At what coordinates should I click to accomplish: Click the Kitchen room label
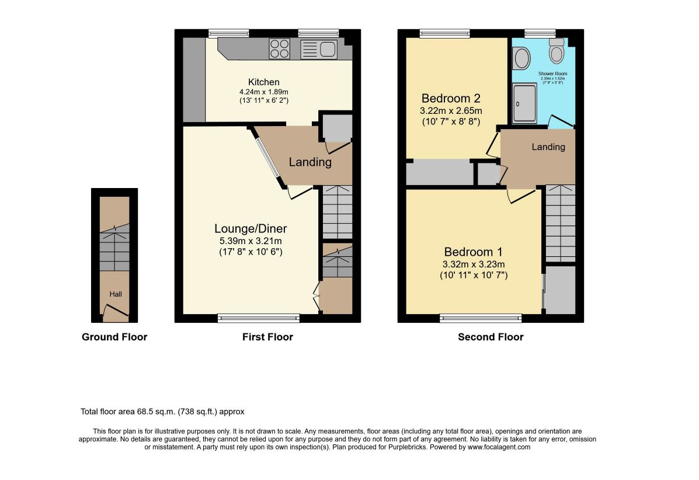click(x=264, y=82)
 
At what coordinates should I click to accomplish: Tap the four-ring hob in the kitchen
click(x=280, y=48)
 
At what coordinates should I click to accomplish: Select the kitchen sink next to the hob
click(x=319, y=49)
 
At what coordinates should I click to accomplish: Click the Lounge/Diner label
click(x=251, y=229)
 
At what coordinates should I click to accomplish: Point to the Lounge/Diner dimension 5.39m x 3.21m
click(x=251, y=241)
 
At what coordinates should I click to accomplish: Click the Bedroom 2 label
click(x=451, y=99)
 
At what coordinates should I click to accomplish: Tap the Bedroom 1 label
click(x=474, y=252)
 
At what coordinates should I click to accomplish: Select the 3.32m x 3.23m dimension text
click(x=474, y=265)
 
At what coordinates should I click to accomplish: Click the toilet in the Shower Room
click(x=557, y=50)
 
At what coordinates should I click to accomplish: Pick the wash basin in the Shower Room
click(x=521, y=58)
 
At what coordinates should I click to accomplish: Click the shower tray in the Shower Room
click(x=524, y=103)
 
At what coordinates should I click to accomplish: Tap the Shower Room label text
click(x=553, y=74)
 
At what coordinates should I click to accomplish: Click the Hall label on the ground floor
click(x=116, y=294)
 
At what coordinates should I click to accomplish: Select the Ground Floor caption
click(x=114, y=337)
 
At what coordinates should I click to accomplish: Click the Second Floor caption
click(x=491, y=337)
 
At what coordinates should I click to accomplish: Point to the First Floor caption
click(x=267, y=337)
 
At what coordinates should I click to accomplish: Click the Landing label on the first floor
click(x=310, y=162)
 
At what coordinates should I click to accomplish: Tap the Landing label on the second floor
click(x=548, y=147)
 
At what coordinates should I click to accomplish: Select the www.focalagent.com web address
click(x=499, y=447)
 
